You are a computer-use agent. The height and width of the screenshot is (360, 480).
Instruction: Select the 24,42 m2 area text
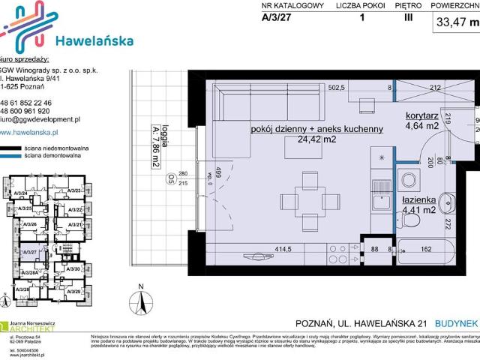[x=318, y=139]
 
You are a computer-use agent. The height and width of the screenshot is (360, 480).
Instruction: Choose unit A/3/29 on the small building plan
[x=73, y=289]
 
